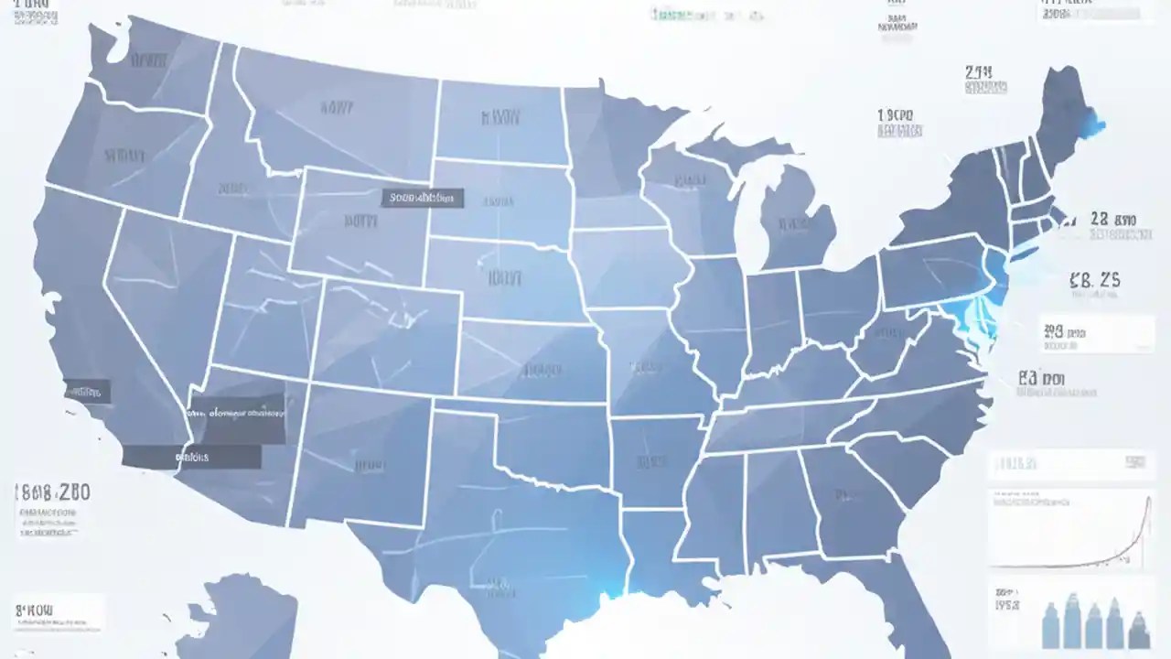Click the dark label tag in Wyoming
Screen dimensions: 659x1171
pyautogui.click(x=422, y=198)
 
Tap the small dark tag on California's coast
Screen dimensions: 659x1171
pyautogui.click(x=86, y=392)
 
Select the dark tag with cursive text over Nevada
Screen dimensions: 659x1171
pyautogui.click(x=235, y=413)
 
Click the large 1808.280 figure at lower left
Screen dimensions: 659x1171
pyautogui.click(x=53, y=492)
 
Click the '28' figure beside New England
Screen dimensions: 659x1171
pyautogui.click(x=1112, y=220)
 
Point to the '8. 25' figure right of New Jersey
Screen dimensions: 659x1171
pyautogui.click(x=1094, y=280)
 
